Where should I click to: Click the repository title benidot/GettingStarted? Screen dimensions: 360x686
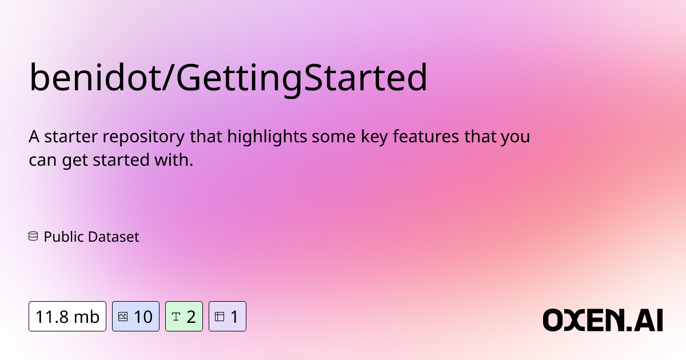228,78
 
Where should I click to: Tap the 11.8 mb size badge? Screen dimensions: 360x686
67,316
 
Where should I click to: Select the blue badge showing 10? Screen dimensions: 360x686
135,316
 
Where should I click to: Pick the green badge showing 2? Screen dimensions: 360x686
184,316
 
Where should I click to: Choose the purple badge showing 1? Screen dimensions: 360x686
227,316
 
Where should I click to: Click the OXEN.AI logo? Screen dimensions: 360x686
603,320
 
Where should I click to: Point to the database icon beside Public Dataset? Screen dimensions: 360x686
33,236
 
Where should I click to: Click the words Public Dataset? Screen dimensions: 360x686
91,237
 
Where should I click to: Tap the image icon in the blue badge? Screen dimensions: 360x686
122,316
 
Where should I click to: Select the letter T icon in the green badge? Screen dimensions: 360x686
176,316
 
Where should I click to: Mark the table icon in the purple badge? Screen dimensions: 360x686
219,316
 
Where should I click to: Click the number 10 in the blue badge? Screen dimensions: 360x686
143,316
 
